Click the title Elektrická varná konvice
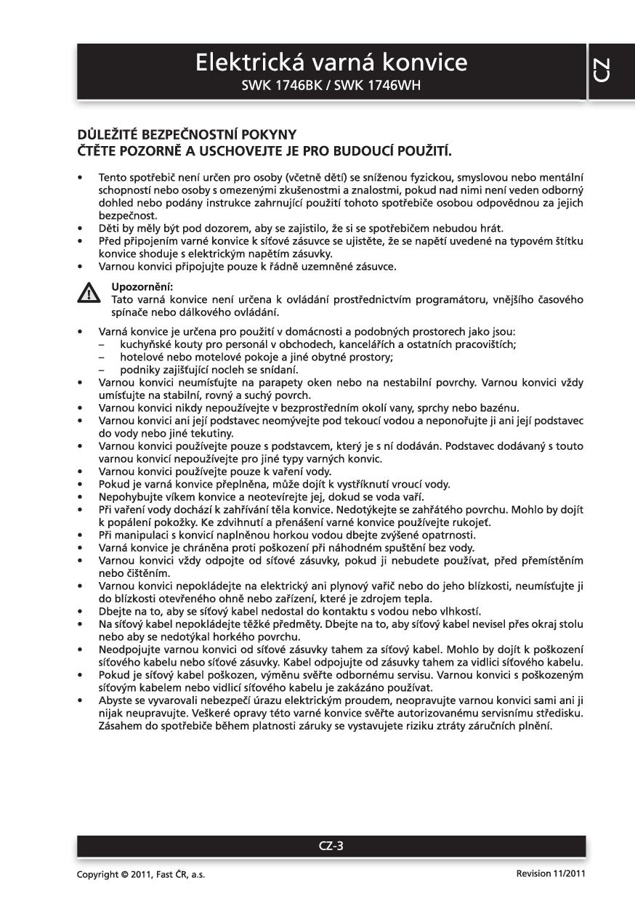click(x=331, y=63)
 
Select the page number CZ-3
click(x=331, y=845)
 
